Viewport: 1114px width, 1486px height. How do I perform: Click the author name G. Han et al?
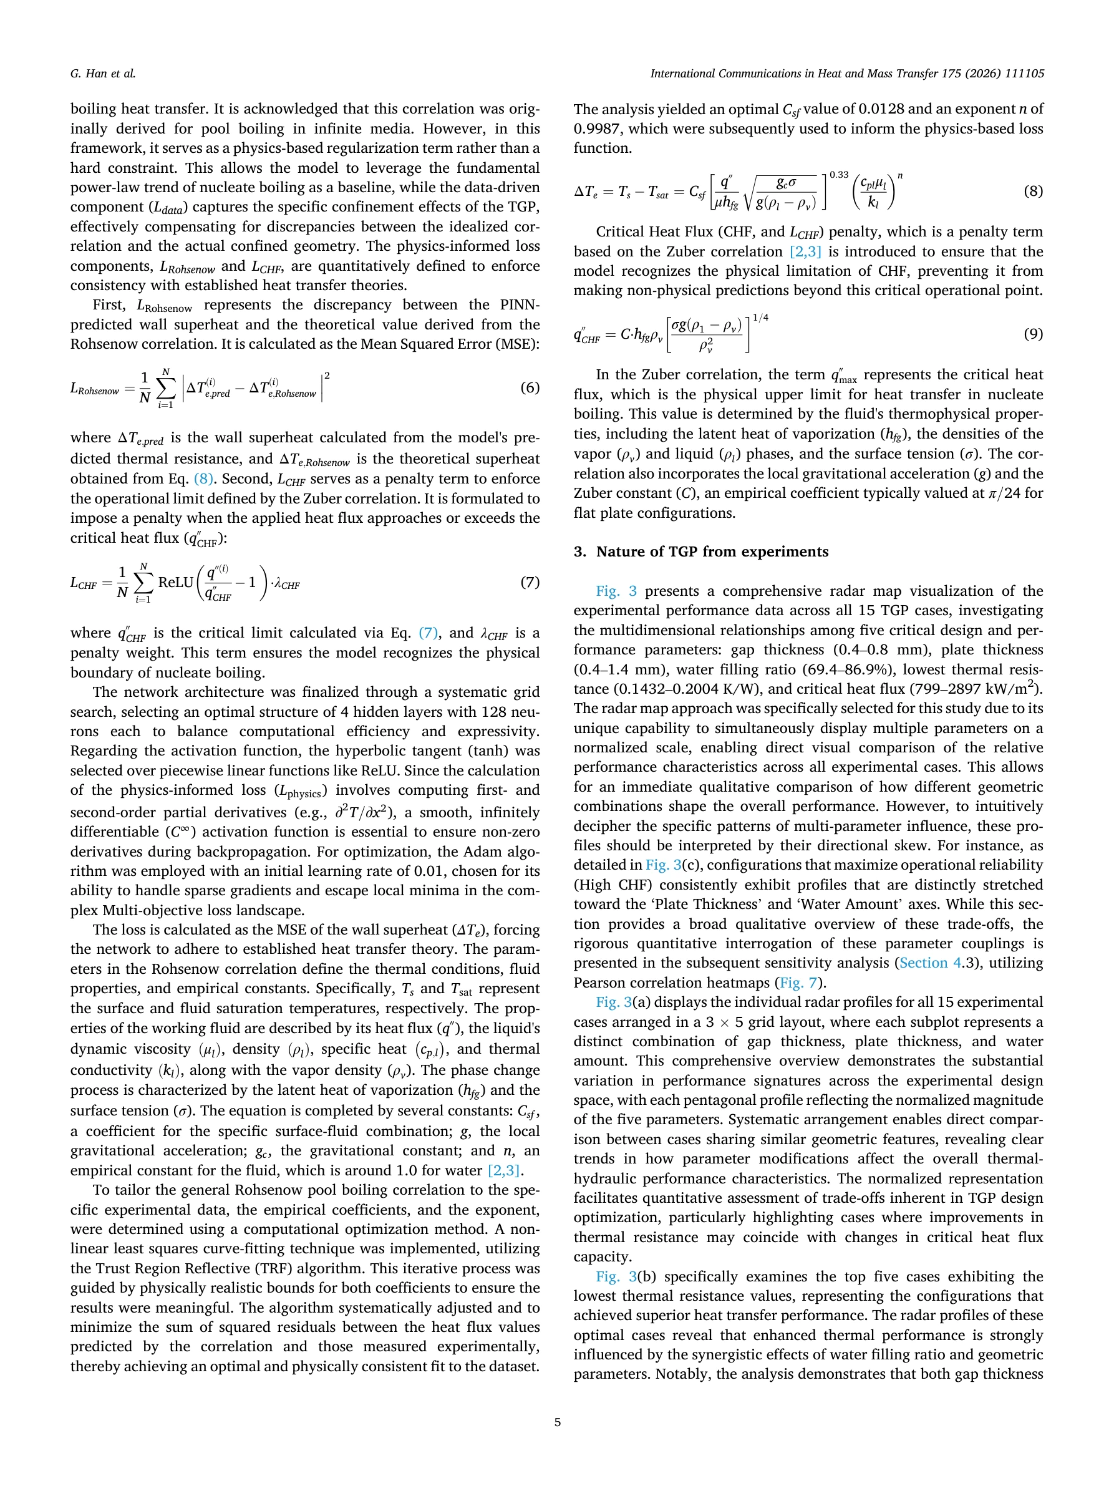click(103, 74)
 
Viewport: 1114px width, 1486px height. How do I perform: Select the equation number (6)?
click(530, 387)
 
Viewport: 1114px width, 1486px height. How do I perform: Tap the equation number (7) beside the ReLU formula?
click(530, 582)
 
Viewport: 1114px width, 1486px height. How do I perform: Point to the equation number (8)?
click(1033, 191)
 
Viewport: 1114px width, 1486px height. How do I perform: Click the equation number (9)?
click(1033, 333)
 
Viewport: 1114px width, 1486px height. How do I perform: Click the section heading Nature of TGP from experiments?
click(712, 551)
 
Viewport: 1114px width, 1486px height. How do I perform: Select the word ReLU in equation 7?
click(175, 583)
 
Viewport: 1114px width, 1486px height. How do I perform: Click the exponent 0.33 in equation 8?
click(839, 175)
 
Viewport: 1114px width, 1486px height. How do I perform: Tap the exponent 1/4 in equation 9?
click(760, 318)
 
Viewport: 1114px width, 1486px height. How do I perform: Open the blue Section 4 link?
click(929, 963)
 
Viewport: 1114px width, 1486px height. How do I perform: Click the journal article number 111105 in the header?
click(1024, 74)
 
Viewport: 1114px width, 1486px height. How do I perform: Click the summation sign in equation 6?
click(165, 388)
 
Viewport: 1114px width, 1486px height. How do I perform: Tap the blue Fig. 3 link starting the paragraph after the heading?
click(616, 591)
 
